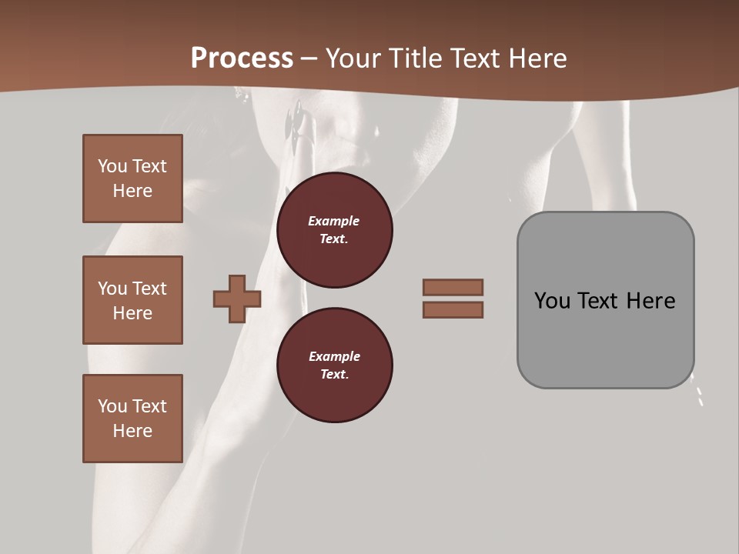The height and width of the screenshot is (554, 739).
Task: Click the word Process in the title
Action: (x=242, y=58)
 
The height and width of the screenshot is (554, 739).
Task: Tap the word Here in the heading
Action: (x=538, y=58)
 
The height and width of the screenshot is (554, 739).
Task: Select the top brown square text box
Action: (x=132, y=179)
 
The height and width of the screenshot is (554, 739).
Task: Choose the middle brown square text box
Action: (x=132, y=300)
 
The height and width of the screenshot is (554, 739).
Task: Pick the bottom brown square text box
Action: (x=132, y=419)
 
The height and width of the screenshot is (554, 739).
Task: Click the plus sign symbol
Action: (x=237, y=299)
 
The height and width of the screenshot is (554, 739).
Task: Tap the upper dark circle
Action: (x=335, y=230)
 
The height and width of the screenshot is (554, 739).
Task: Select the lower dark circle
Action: (x=335, y=365)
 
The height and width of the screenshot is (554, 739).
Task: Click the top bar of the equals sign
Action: (x=453, y=287)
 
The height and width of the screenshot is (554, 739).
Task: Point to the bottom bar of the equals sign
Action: (x=453, y=309)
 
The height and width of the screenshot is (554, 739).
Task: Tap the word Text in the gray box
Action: (x=599, y=301)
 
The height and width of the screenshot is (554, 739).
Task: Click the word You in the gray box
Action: (x=553, y=301)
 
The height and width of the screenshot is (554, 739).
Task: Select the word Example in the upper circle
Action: (x=333, y=221)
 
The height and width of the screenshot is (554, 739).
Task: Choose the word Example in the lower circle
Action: (x=334, y=356)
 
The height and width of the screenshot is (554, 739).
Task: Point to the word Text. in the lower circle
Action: (x=334, y=375)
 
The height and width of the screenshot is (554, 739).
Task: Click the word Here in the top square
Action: (x=132, y=191)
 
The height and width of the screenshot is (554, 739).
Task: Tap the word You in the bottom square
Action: (x=112, y=406)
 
